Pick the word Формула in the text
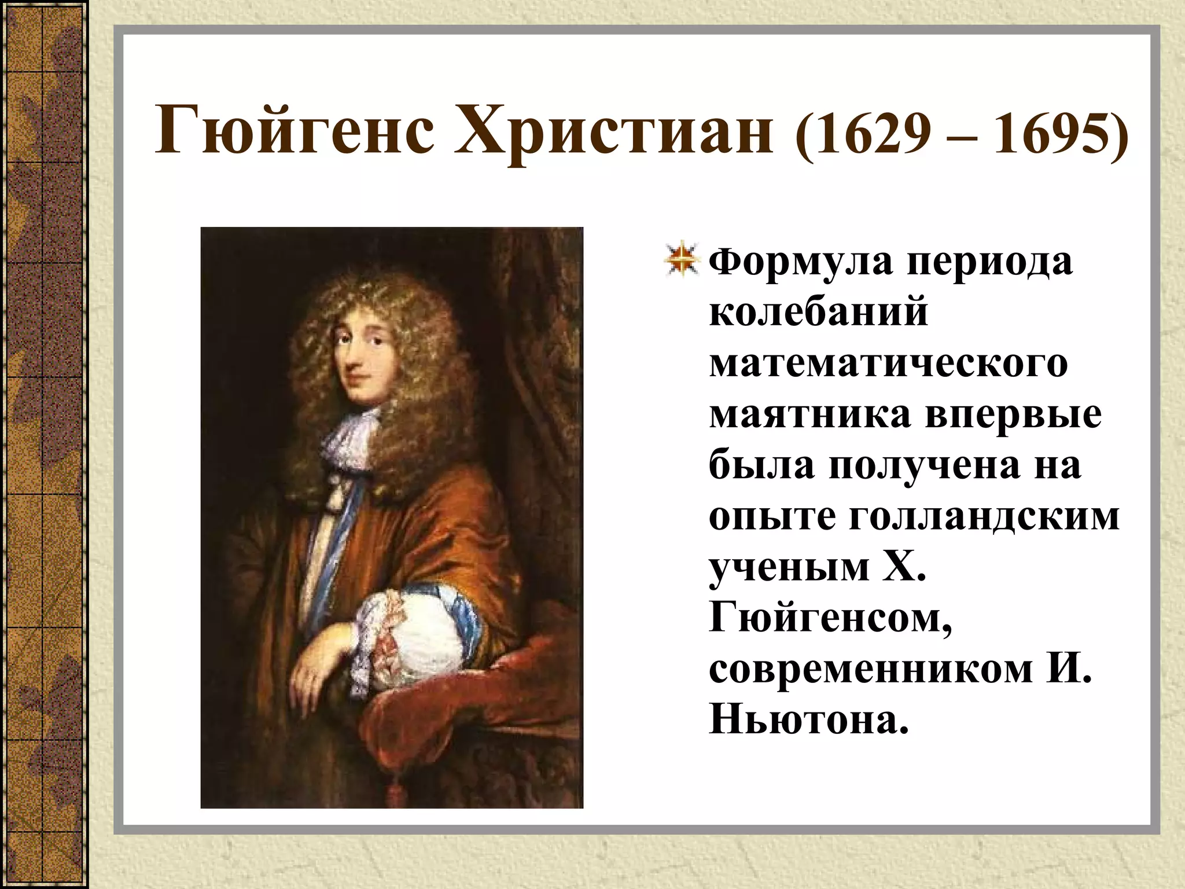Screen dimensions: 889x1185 [801, 262]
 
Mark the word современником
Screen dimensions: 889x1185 [871, 670]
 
